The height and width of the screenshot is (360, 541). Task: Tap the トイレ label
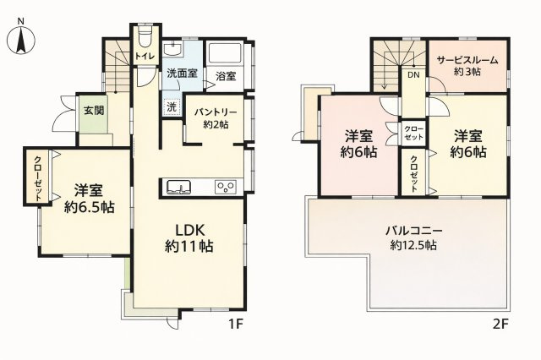point(145,57)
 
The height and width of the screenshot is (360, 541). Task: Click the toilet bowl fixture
point(145,38)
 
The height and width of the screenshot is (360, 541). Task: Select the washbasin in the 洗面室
point(172,49)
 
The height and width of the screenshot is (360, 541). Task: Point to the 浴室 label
point(226,76)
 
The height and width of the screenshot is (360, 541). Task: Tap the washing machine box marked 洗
point(172,106)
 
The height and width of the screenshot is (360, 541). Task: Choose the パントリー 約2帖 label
point(216,118)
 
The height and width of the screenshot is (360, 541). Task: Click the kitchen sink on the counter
point(178,187)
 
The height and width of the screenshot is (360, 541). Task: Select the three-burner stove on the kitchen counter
point(226,187)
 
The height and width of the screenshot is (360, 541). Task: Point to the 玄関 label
point(94,111)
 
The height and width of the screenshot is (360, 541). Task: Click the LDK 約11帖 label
point(189,238)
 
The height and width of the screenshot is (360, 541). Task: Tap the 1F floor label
point(236,325)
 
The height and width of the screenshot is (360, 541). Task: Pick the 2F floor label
point(501,325)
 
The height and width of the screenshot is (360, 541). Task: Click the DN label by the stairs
point(413,74)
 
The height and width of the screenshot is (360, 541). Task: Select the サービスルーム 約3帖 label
point(467,66)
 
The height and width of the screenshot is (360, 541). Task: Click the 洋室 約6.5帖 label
point(90,199)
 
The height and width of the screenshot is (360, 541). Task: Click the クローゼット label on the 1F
point(37,178)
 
